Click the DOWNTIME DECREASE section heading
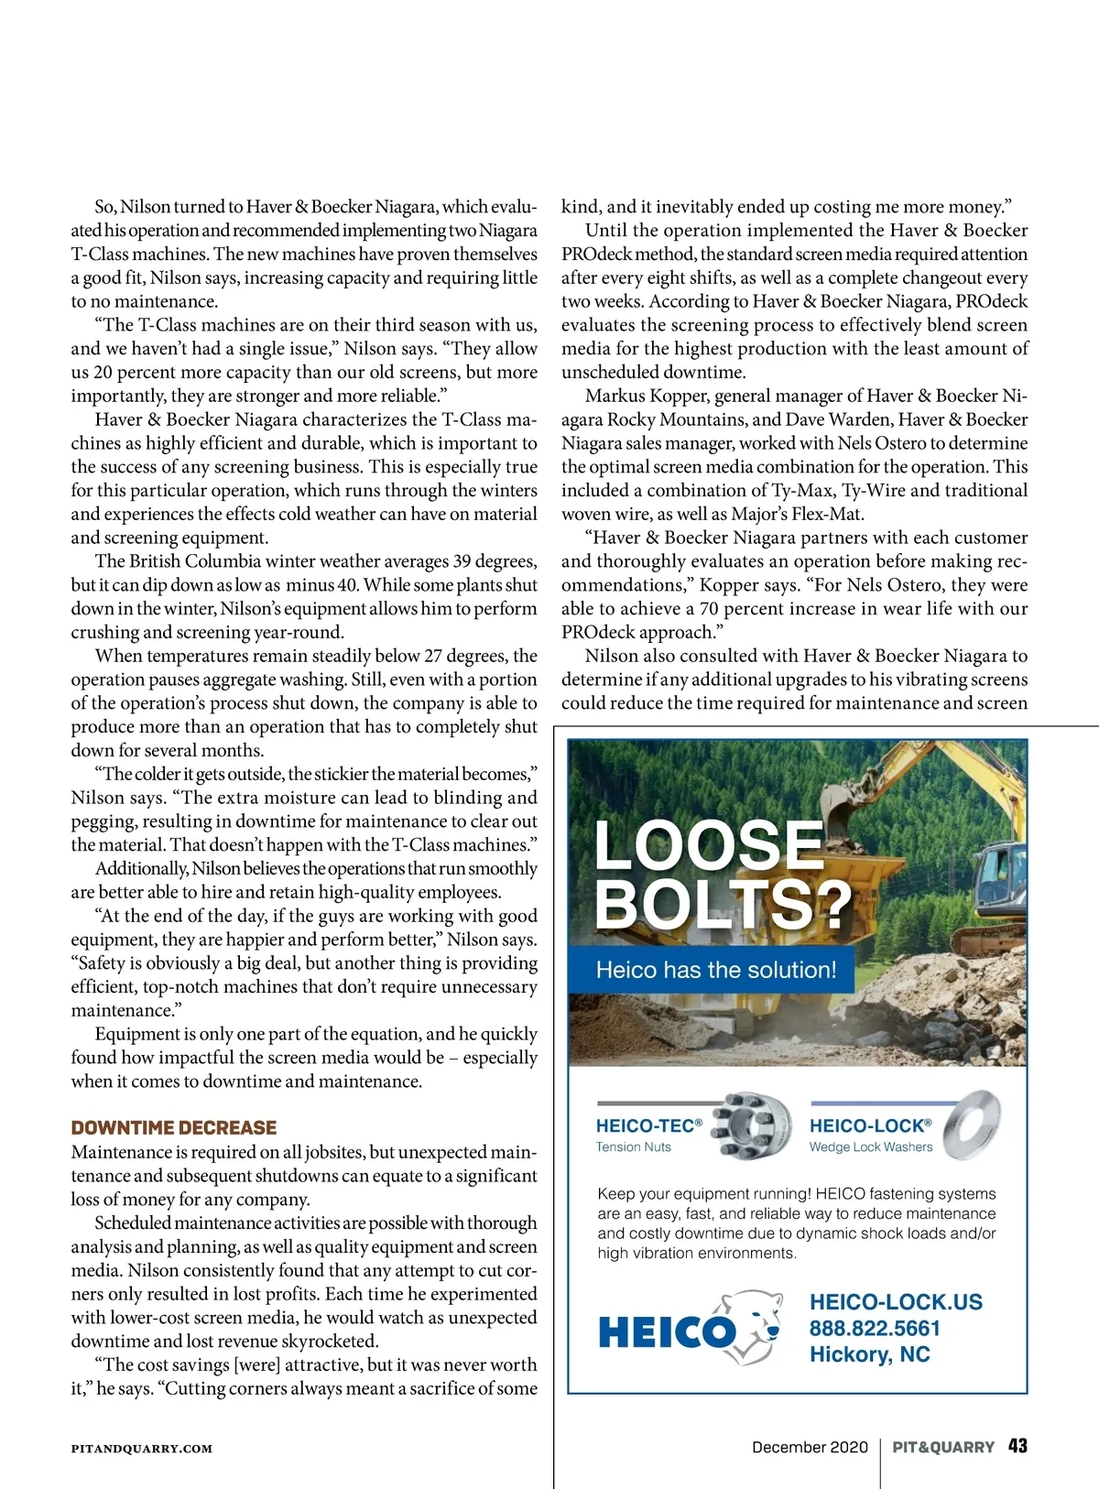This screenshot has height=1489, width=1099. [x=174, y=1127]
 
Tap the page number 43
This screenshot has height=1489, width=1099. [x=1017, y=1446]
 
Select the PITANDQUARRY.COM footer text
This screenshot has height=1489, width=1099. [x=142, y=1449]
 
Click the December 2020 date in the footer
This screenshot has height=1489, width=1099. [x=810, y=1447]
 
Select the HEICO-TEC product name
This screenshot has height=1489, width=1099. [x=648, y=1125]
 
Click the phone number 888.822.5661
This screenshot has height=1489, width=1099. [x=875, y=1329]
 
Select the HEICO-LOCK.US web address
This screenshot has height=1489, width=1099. [x=896, y=1302]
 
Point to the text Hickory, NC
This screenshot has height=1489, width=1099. [x=869, y=1354]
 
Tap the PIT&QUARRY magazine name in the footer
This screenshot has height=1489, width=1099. [x=943, y=1447]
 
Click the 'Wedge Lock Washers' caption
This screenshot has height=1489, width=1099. [x=870, y=1147]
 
